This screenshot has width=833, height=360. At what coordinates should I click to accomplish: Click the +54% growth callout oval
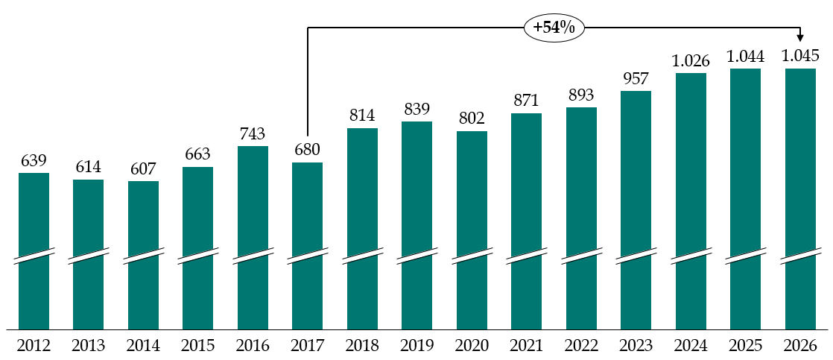[x=554, y=28]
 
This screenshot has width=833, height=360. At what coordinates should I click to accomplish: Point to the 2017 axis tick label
[x=307, y=346]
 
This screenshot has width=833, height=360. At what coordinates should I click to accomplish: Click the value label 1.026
[x=691, y=60]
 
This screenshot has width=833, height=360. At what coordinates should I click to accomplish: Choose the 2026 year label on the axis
[x=800, y=346]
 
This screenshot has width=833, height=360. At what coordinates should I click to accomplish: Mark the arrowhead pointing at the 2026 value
[x=800, y=38]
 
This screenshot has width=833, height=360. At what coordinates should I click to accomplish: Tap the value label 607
[x=143, y=168]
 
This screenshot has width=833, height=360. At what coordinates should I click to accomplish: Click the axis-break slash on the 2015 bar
[x=197, y=255]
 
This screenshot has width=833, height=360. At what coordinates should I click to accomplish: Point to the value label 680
[x=307, y=150]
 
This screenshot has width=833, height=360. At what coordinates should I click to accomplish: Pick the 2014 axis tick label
[x=143, y=346]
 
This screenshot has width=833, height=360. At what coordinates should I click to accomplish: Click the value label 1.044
[x=745, y=56]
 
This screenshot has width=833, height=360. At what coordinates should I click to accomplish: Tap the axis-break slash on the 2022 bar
[x=581, y=255]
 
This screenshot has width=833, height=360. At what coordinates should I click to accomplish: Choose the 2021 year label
[x=526, y=346]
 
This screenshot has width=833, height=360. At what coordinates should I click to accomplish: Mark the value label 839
[x=417, y=109]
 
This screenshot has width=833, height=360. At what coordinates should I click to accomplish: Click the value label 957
[x=636, y=78]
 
